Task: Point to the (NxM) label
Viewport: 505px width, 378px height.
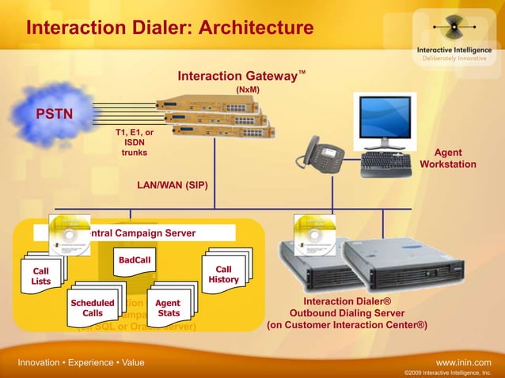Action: tap(248, 90)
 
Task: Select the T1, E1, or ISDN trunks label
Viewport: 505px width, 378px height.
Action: tap(134, 142)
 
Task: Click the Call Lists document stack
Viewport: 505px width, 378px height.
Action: tap(41, 277)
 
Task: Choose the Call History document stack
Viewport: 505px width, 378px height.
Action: tap(224, 274)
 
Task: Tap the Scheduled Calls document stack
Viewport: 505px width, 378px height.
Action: tap(93, 308)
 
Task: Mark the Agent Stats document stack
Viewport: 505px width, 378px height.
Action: tap(168, 308)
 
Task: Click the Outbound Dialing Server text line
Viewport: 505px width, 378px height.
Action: tap(347, 313)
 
